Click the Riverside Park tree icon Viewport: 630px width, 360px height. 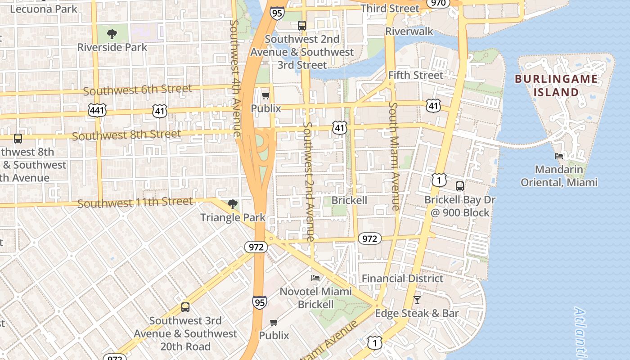112,34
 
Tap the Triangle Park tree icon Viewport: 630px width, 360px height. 233,204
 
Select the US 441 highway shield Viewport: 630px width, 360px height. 97,110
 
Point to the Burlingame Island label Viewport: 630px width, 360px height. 556,85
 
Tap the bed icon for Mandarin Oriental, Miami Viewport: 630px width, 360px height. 559,156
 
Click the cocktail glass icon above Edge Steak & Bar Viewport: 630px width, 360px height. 417,300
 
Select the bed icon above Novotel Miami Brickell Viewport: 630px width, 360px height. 315,278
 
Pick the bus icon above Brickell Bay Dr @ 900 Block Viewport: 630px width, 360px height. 460,186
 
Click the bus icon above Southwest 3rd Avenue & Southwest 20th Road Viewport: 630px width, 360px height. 185,307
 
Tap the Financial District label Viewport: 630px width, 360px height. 402,279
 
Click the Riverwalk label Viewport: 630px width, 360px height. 409,31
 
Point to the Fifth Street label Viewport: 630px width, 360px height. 415,75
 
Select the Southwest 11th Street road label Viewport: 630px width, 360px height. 135,203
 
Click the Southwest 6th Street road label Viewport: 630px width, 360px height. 137,90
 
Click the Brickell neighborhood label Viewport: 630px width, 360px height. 349,200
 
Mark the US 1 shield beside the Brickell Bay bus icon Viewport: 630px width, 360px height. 439,180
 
